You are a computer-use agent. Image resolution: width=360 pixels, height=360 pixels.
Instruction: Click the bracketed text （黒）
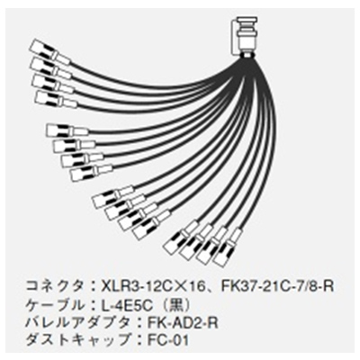172,306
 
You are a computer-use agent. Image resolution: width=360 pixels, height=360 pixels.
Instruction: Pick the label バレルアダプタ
79,323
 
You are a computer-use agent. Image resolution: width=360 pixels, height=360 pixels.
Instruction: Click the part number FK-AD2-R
183,324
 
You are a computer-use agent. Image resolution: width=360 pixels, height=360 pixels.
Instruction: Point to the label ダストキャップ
79,341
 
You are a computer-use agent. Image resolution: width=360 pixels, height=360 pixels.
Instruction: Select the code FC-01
168,341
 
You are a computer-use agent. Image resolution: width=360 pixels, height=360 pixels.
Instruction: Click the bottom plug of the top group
56,100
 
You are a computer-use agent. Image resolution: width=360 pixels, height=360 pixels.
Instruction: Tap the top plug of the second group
67,131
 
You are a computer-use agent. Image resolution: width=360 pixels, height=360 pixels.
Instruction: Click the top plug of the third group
112,195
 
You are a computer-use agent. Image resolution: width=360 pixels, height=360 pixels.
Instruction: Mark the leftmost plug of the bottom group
180,238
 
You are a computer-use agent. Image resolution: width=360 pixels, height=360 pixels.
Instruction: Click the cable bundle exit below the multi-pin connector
247,57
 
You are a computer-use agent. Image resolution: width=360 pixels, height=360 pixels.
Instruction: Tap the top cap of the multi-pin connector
244,21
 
